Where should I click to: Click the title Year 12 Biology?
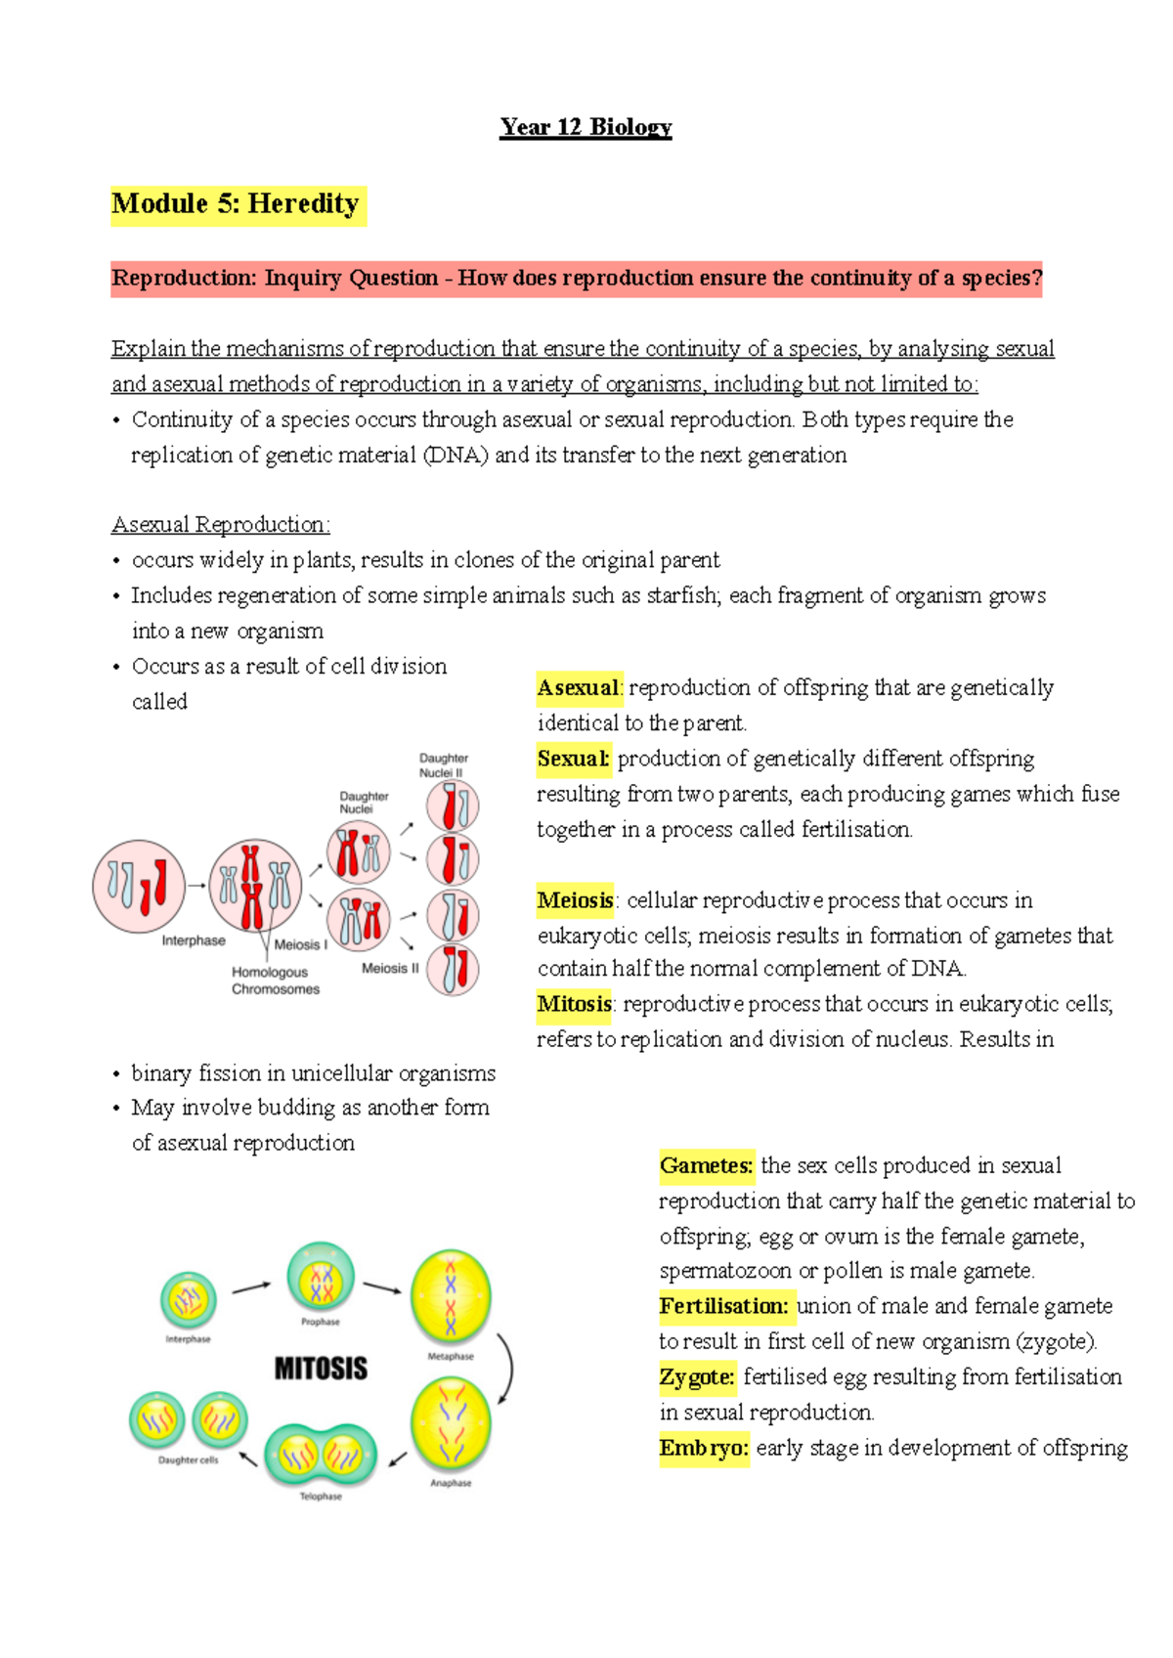point(586,127)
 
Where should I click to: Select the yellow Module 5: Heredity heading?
point(236,204)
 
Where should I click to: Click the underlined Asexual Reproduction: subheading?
point(220,525)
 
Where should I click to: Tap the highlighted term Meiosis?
point(576,900)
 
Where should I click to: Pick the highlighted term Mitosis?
point(574,1004)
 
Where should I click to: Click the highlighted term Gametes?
point(706,1165)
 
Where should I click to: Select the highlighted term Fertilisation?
point(723,1306)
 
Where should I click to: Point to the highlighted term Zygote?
point(697,1377)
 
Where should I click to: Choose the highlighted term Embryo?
point(704,1448)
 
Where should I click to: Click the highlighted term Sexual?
point(573,759)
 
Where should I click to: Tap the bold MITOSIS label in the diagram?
point(321,1368)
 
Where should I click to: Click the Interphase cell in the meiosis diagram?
point(139,886)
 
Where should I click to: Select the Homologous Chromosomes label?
point(275,981)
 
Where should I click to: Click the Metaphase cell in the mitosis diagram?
point(451,1297)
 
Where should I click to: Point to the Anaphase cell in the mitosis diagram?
point(451,1424)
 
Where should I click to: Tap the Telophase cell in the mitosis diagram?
point(321,1455)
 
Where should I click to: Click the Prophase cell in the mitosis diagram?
point(321,1278)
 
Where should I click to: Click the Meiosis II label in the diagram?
point(390,969)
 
